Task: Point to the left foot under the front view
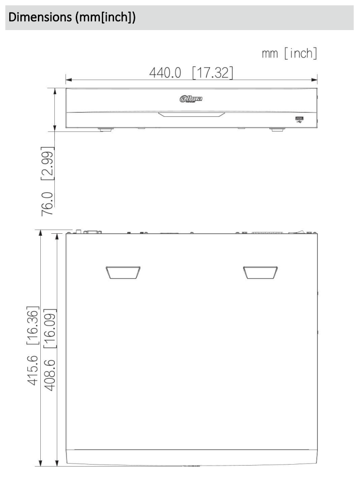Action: tap(107, 129)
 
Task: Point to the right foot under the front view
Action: tap(276, 129)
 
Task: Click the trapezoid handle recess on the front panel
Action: tap(191, 115)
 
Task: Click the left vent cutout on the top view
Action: tap(123, 273)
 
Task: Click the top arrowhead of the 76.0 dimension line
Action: tap(55, 91)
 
